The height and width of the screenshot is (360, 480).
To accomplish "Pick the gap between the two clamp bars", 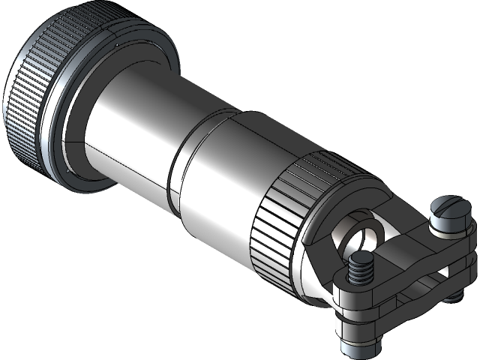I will coord(420,281).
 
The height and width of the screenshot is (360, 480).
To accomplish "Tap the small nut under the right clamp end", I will coord(454,297).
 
